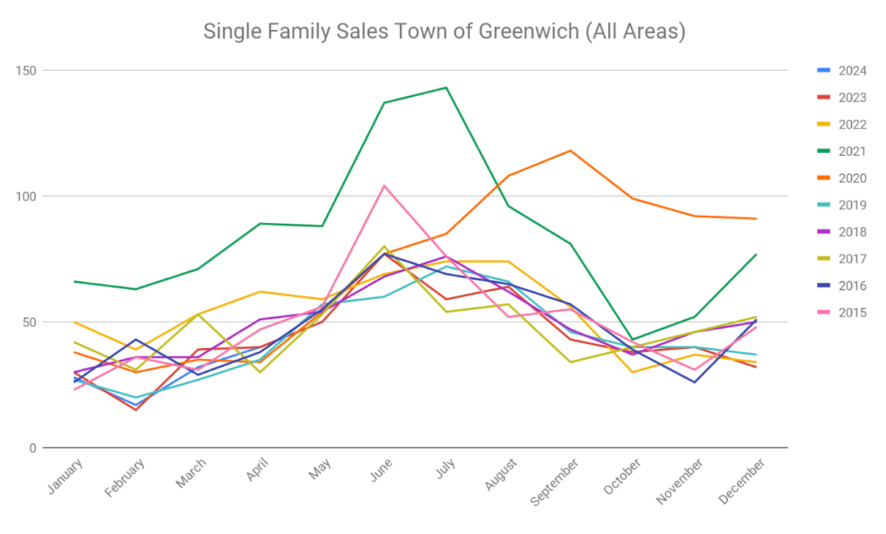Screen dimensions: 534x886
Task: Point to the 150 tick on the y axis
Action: point(28,70)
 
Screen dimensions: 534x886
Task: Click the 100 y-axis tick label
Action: point(28,196)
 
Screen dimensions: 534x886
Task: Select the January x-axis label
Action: point(65,476)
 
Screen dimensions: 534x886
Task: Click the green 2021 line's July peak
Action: point(446,88)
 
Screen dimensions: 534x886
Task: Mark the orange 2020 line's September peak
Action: point(570,151)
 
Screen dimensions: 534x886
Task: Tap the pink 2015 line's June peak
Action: point(384,186)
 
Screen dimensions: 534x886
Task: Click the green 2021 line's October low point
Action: point(632,339)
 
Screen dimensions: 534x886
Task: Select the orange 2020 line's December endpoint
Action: point(756,219)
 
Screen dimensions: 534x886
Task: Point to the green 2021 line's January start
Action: point(74,282)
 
